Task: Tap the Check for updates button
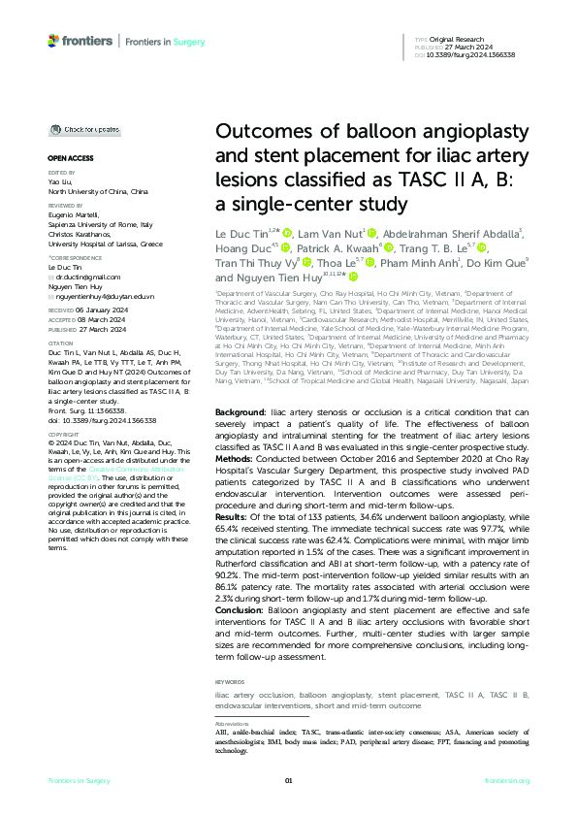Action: tap(88, 129)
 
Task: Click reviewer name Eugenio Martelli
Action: tap(73, 212)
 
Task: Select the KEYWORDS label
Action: tap(230, 682)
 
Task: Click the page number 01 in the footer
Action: tap(288, 780)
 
